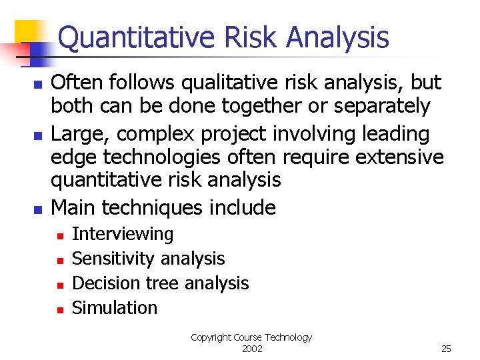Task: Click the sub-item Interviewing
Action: pyautogui.click(x=123, y=234)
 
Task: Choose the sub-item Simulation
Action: pyautogui.click(x=115, y=308)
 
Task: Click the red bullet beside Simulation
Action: pyautogui.click(x=59, y=309)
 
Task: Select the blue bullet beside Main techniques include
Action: pyautogui.click(x=38, y=209)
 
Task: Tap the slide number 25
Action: pyautogui.click(x=446, y=349)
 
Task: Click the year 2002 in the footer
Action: pyautogui.click(x=251, y=349)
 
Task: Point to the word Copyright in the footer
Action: pyautogui.click(x=211, y=337)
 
